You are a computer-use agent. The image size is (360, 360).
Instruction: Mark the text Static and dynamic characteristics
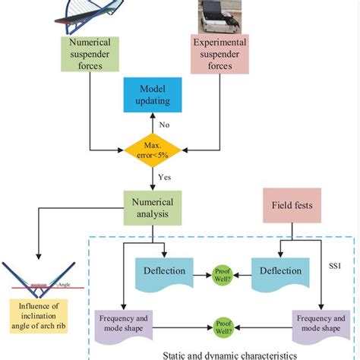click(x=221, y=353)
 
